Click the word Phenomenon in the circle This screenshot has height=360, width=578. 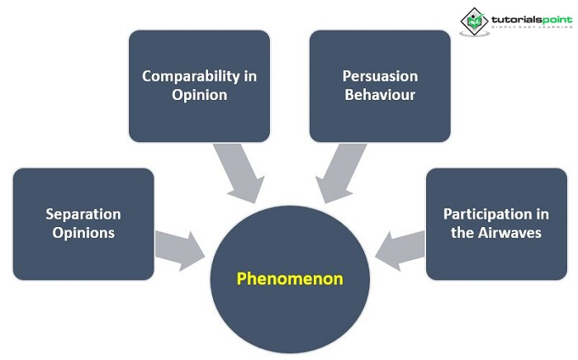pyautogui.click(x=290, y=278)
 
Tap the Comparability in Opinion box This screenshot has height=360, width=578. pyautogui.click(x=199, y=86)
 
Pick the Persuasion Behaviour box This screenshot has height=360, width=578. pyautogui.click(x=380, y=86)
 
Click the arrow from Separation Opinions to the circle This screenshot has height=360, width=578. pyautogui.click(x=180, y=248)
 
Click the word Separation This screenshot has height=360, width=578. pyautogui.click(x=83, y=214)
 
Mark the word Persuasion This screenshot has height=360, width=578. pyautogui.click(x=380, y=76)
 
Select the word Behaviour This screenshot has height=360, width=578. pyautogui.click(x=380, y=95)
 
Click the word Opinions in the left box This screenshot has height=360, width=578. pyautogui.click(x=83, y=233)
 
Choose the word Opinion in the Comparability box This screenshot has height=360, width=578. pyautogui.click(x=199, y=95)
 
